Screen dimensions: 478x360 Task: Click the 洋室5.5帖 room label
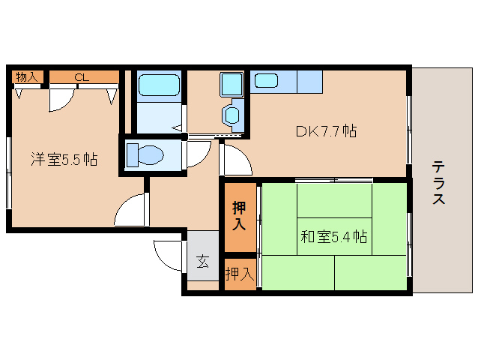tap(64, 159)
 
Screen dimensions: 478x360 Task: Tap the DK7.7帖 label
tap(326, 131)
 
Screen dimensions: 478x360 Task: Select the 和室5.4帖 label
tap(334, 236)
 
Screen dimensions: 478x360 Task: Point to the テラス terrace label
tap(438, 183)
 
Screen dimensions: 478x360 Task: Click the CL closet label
tap(82, 77)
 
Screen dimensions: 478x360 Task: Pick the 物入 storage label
tap(27, 77)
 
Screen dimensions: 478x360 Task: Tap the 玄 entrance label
tap(203, 262)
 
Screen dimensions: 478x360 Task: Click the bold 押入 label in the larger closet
tap(240, 216)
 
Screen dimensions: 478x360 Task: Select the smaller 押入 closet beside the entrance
tap(240, 274)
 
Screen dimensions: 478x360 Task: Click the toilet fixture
tap(145, 155)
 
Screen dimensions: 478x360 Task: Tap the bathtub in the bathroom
tap(159, 85)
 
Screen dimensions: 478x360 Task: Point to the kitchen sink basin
tap(266, 81)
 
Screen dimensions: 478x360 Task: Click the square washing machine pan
tap(232, 84)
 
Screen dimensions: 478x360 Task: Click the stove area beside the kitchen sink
tap(309, 82)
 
